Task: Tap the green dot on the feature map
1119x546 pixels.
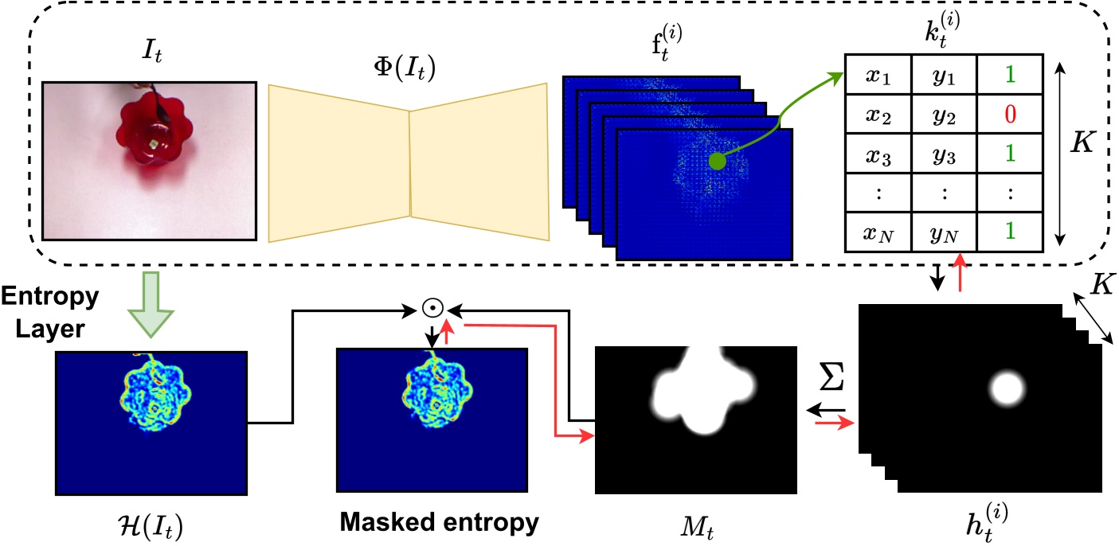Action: pyautogui.click(x=718, y=162)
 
